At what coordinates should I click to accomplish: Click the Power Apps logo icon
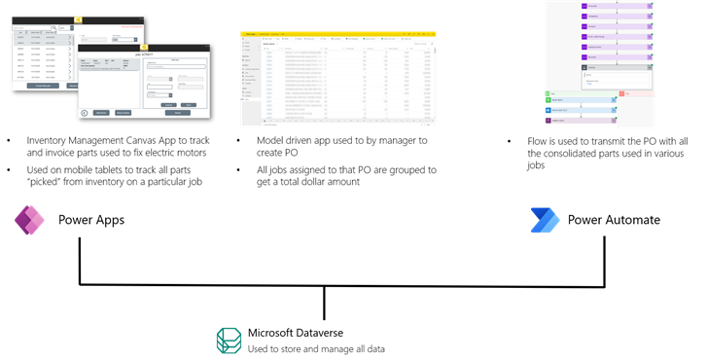[28, 221]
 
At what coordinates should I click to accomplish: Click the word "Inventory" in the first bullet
[53, 140]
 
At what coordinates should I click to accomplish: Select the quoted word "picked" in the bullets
[41, 182]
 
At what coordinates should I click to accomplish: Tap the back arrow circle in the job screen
[84, 113]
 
